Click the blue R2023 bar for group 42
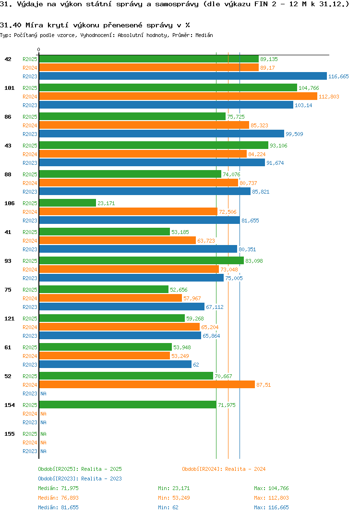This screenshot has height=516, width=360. (x=183, y=76)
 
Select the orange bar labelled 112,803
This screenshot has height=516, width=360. (x=178, y=96)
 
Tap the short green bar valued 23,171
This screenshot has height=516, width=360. (x=68, y=203)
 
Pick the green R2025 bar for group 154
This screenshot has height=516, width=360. (x=128, y=405)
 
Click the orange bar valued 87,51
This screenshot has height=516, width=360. (x=147, y=384)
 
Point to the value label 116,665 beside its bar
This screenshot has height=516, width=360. (x=338, y=76)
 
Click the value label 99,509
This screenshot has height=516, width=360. (x=294, y=134)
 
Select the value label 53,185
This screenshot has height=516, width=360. (x=180, y=232)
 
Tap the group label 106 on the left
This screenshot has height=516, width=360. (x=10, y=203)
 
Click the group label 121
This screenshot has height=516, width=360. (x=10, y=319)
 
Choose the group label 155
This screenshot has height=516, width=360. (x=10, y=434)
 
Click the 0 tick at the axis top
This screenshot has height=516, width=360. (x=39, y=49)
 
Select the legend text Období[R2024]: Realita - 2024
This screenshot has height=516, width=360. (x=224, y=469)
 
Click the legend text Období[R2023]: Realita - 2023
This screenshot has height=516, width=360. (x=80, y=479)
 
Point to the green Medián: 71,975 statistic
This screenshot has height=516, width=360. (x=58, y=488)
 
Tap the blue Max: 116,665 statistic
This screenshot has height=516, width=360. (x=271, y=507)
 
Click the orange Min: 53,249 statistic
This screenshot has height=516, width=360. (x=174, y=498)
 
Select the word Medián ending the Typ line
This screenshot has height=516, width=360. (x=204, y=35)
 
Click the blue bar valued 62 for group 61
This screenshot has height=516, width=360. (x=115, y=364)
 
